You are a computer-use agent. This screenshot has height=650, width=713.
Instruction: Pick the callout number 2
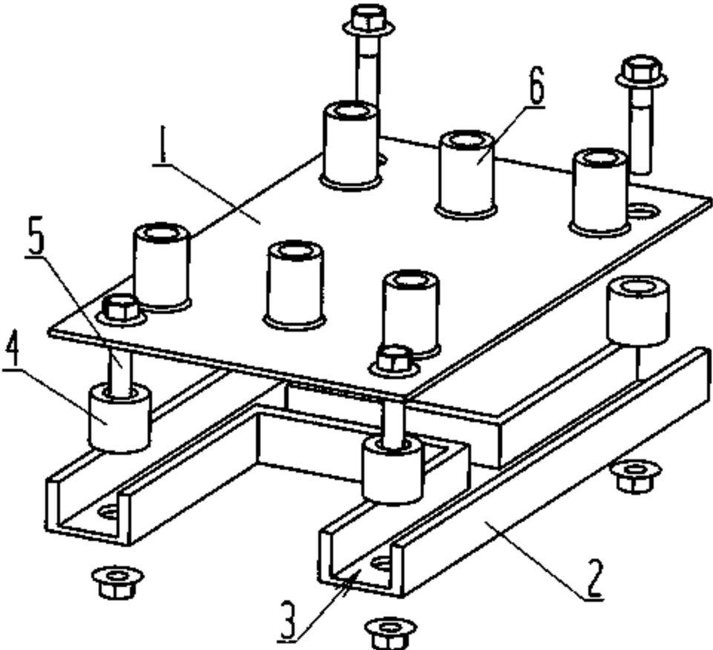click(594, 580)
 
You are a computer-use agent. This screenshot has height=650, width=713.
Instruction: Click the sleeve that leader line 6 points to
click(466, 175)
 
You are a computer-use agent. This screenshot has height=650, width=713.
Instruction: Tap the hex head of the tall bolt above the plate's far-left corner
click(367, 19)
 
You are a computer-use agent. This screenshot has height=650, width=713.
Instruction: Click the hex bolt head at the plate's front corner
click(394, 359)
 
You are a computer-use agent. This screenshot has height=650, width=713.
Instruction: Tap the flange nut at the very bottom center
click(390, 631)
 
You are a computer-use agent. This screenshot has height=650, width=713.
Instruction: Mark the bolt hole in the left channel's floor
click(109, 511)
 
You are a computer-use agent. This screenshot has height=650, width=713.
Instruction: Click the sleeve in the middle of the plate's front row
click(295, 283)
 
